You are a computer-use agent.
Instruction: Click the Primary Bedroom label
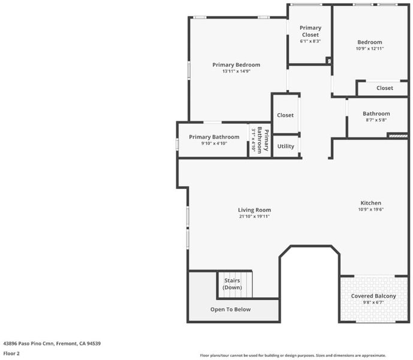236,65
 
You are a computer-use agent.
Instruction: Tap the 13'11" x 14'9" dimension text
236,71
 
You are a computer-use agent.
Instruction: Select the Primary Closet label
310,31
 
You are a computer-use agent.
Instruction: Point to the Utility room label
286,146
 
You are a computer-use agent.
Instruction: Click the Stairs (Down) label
232,284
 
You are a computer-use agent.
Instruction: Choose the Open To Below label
230,310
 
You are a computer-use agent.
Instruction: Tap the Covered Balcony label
373,296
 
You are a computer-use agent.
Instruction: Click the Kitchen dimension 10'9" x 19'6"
371,209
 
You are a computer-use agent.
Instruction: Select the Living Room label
254,210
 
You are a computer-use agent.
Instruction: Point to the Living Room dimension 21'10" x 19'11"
254,216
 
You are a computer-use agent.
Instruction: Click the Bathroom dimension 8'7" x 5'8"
376,120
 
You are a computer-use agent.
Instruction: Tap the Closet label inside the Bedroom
385,88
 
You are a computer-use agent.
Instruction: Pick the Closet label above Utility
285,115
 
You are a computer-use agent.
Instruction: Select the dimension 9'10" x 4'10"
214,143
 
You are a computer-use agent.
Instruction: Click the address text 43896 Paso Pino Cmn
29,343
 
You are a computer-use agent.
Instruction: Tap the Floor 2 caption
11,353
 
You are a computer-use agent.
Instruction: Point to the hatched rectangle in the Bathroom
398,136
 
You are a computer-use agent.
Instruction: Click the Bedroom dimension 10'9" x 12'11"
370,49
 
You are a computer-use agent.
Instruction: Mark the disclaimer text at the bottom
293,356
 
